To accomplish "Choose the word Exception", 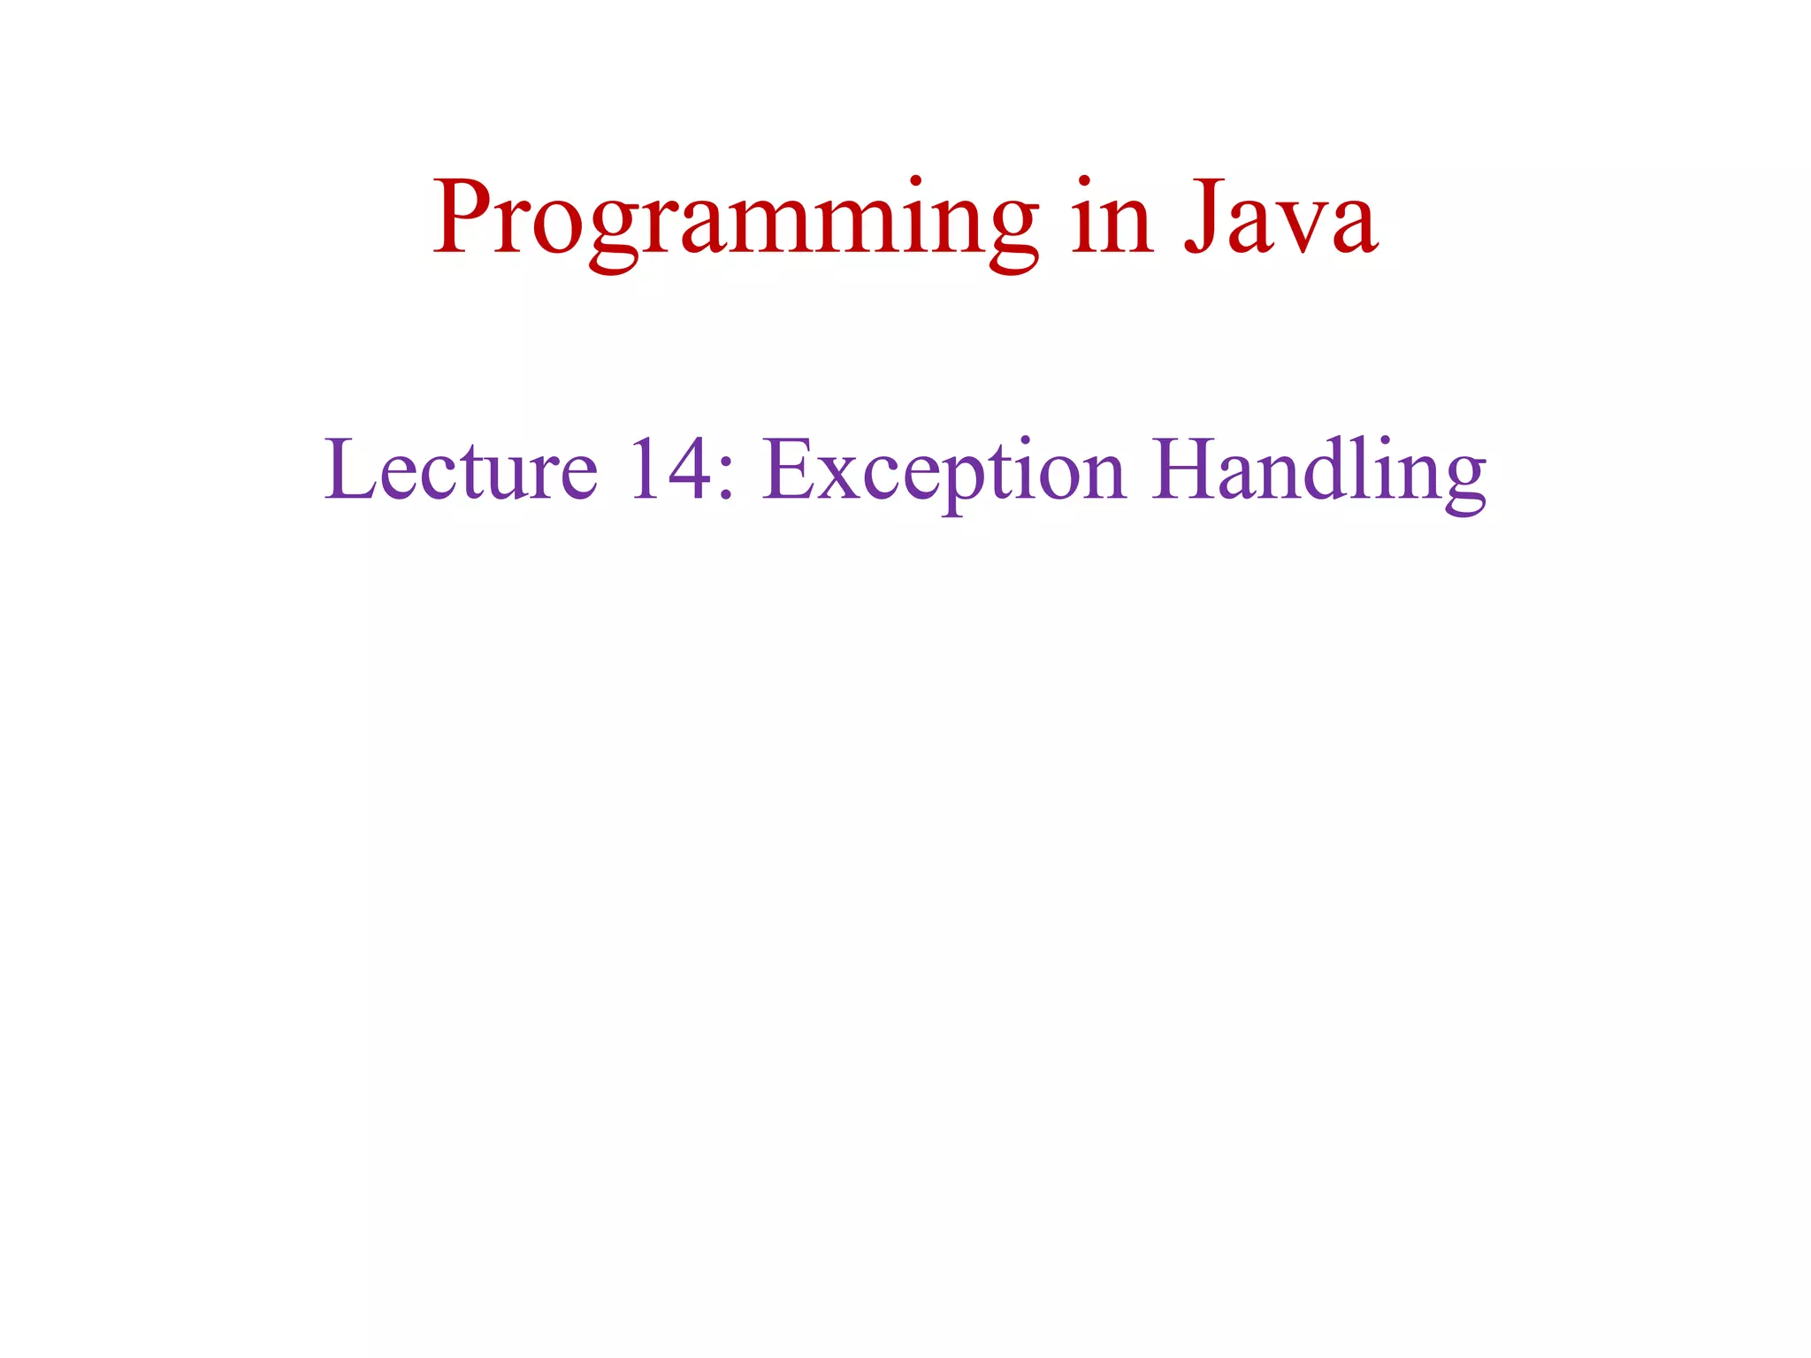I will (x=944, y=470).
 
